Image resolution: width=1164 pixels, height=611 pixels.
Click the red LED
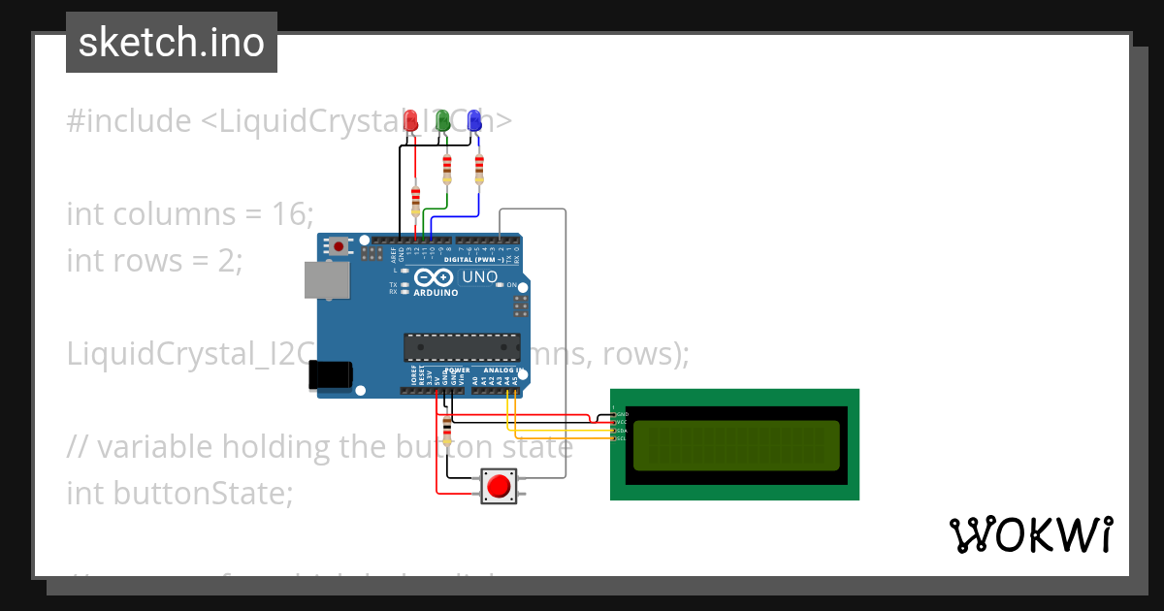(x=410, y=121)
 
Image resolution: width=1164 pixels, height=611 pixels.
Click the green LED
(x=442, y=121)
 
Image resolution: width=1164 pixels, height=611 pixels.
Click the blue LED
(x=474, y=121)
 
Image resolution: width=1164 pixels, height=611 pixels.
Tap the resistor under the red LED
(x=416, y=201)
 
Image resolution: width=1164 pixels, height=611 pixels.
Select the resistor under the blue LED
(x=479, y=170)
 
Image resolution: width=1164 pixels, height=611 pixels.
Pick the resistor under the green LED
(x=447, y=170)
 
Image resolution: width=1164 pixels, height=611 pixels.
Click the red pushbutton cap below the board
(x=499, y=486)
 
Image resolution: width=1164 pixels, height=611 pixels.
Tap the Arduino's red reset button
(x=338, y=246)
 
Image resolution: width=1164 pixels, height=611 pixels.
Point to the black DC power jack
(x=330, y=375)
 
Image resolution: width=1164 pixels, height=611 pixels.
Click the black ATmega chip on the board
(x=461, y=346)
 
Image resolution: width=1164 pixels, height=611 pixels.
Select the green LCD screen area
(x=735, y=445)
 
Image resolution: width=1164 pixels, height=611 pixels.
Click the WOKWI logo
(x=1030, y=534)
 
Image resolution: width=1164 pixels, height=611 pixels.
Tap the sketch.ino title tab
(x=172, y=43)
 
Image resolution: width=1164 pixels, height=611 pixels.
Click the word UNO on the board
(x=479, y=277)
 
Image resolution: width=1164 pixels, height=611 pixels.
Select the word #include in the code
(x=129, y=121)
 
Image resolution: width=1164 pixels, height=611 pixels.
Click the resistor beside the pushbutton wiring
(x=446, y=429)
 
